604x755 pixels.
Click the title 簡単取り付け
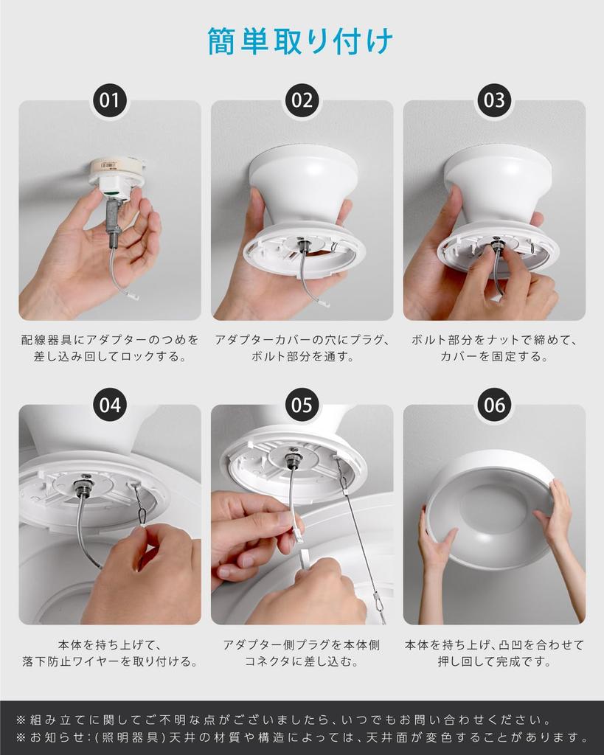point(301,41)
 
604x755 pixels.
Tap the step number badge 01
point(109,100)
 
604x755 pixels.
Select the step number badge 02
point(302,100)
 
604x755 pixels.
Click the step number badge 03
point(494,100)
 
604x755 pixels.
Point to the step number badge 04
point(109,405)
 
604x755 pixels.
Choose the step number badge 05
point(302,405)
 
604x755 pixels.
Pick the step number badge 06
point(494,405)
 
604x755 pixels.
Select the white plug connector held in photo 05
point(297,530)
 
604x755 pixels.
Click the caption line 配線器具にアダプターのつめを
point(110,340)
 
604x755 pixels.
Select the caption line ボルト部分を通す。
point(303,357)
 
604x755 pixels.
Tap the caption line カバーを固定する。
point(494,357)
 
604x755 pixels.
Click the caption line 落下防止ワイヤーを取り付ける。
point(110,661)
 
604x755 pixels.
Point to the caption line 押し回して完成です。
point(494,661)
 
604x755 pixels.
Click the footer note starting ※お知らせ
point(302,737)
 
